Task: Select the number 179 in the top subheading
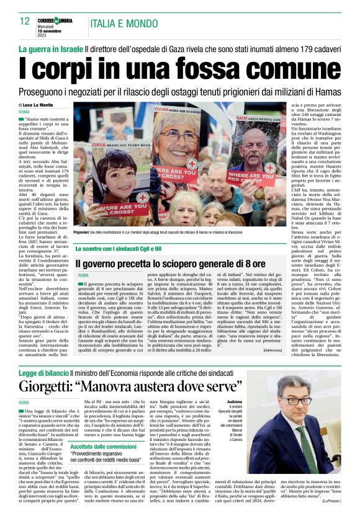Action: pos(302,48)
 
